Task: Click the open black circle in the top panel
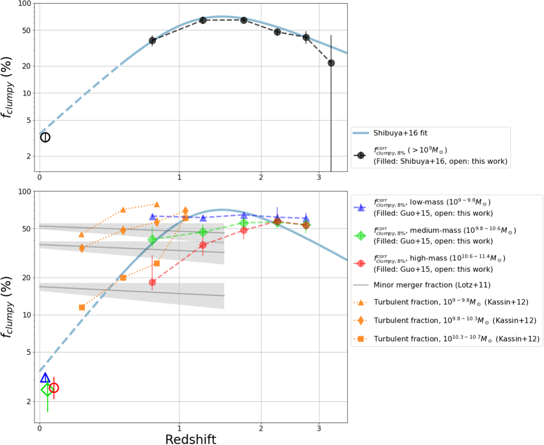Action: click(45, 137)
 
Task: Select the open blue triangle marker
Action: click(45, 378)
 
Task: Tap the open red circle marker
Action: click(54, 388)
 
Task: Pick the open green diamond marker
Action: click(47, 390)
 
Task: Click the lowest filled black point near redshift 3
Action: click(331, 63)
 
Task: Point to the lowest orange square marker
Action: click(82, 307)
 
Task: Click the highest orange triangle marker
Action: click(157, 205)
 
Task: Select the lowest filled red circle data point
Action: click(152, 282)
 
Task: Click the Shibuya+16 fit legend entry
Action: click(400, 133)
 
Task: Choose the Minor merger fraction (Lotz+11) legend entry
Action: click(432, 285)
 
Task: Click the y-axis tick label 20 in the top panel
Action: click(26, 66)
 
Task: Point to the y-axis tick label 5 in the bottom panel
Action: click(29, 352)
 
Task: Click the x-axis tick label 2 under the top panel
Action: click(261, 177)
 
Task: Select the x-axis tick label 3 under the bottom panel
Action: click(319, 429)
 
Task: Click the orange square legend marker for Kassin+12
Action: click(361, 339)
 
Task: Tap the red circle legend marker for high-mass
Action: click(361, 263)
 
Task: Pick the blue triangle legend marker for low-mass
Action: click(361, 208)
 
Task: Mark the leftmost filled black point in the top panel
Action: click(152, 41)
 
